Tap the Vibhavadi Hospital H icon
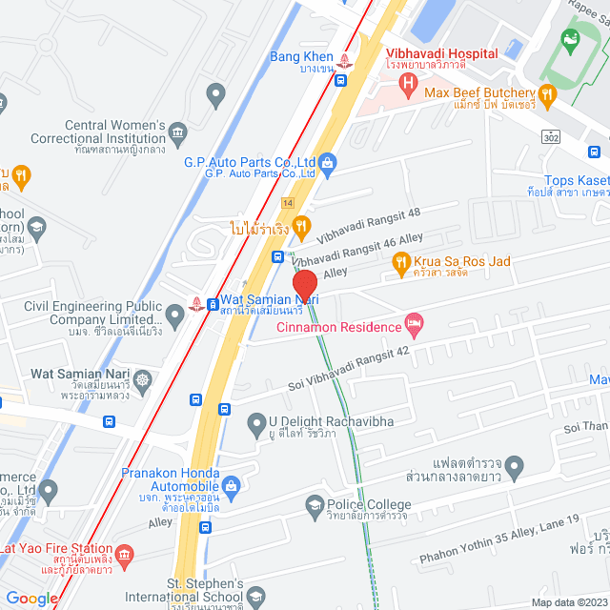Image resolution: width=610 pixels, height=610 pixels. [x=408, y=85]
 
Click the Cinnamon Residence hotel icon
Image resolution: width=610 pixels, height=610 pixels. [x=413, y=327]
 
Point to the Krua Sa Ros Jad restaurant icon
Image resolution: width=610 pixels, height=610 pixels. [x=401, y=260]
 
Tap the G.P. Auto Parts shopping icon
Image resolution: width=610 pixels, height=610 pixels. [x=327, y=162]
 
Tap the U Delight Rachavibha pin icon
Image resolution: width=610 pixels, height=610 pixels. [x=256, y=422]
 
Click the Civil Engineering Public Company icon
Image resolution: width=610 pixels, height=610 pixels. [x=174, y=314]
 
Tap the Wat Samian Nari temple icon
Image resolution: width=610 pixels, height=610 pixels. [x=143, y=380]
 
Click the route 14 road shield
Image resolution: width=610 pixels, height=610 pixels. [x=287, y=202]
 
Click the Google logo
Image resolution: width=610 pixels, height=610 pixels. [x=31, y=598]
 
